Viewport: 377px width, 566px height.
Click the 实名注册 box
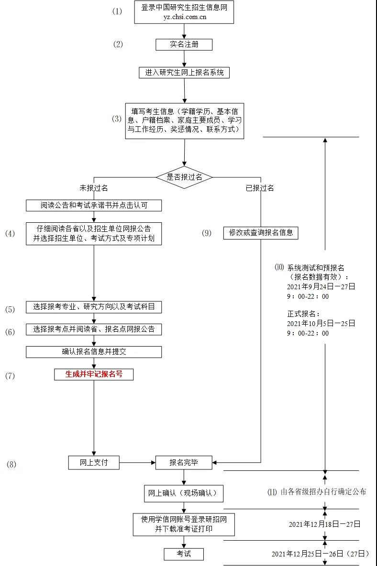(x=184, y=44)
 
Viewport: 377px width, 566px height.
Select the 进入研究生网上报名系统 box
(x=184, y=73)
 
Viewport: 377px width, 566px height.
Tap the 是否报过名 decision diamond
(x=184, y=177)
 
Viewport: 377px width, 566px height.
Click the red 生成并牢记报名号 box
(x=94, y=374)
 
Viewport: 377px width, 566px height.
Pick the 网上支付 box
(x=94, y=462)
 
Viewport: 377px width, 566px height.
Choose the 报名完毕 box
(x=184, y=462)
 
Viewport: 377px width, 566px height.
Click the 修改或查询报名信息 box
(x=261, y=233)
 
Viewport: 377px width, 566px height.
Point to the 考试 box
(x=184, y=554)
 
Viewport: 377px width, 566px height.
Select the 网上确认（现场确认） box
(x=184, y=493)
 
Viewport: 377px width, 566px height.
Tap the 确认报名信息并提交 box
(x=94, y=352)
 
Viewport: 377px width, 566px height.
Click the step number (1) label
(x=117, y=11)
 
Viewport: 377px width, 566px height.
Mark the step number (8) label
(x=11, y=464)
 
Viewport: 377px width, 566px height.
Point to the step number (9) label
(x=206, y=233)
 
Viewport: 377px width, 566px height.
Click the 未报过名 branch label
(x=94, y=188)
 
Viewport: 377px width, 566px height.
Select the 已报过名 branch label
(x=260, y=188)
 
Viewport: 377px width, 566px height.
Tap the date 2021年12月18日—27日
(x=324, y=524)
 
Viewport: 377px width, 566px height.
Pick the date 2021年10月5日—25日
(x=321, y=323)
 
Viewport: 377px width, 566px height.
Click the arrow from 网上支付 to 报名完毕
(x=137, y=462)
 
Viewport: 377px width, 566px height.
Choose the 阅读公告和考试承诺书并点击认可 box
(x=94, y=206)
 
